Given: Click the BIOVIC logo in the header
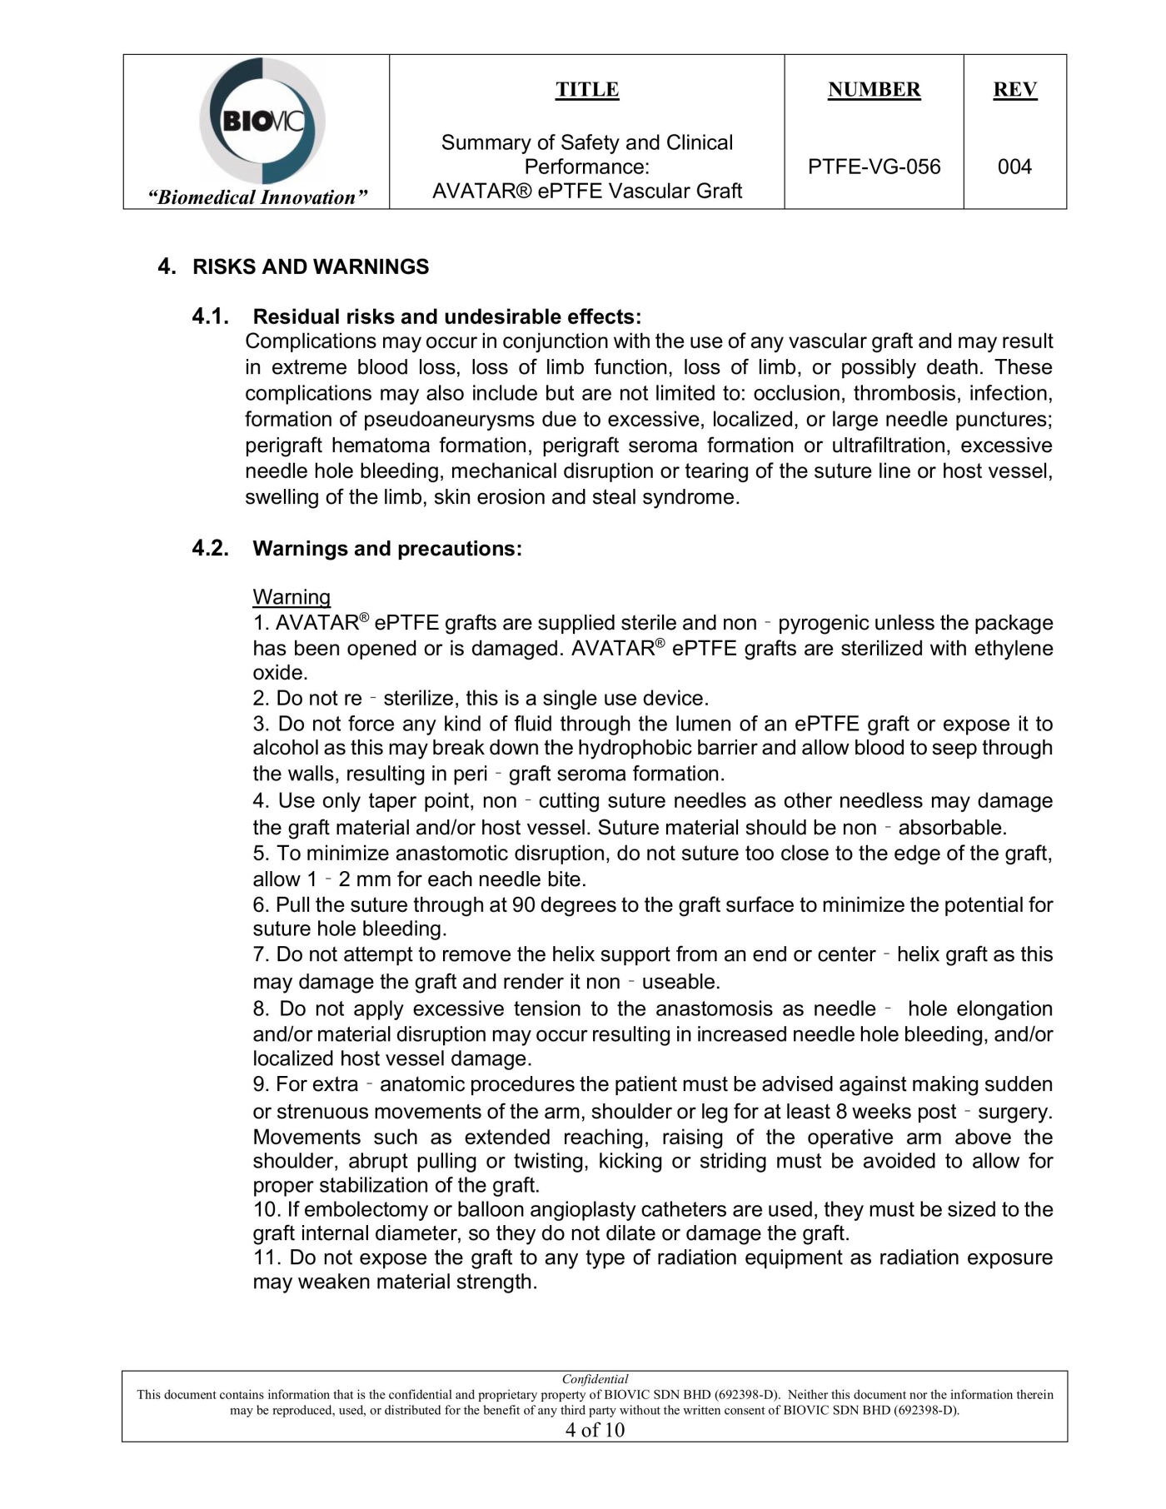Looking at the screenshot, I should [262, 122].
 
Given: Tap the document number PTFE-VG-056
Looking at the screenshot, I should [874, 167].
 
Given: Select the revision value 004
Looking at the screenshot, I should [1014, 167].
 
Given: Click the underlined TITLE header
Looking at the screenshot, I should [587, 90].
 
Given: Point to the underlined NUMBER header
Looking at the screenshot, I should [874, 90].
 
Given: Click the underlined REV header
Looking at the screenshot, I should [1014, 90].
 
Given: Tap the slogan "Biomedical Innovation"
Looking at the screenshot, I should [257, 197].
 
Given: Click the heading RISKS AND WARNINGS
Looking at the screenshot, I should [311, 266].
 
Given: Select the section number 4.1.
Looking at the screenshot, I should [210, 316].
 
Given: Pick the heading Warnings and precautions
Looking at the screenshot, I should [387, 549].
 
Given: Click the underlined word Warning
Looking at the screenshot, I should [291, 597].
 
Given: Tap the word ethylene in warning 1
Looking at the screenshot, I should [1012, 648].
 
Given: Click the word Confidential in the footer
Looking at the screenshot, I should [595, 1379].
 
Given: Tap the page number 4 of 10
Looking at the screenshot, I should [595, 1430].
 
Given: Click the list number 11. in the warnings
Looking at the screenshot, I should [267, 1257].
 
